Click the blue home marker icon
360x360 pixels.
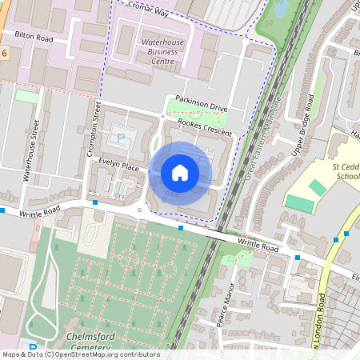click(180, 172)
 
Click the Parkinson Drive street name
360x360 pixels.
click(197, 108)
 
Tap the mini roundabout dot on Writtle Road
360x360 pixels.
click(141, 211)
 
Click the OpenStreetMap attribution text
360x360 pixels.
click(80, 354)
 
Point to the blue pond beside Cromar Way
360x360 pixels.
click(282, 8)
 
